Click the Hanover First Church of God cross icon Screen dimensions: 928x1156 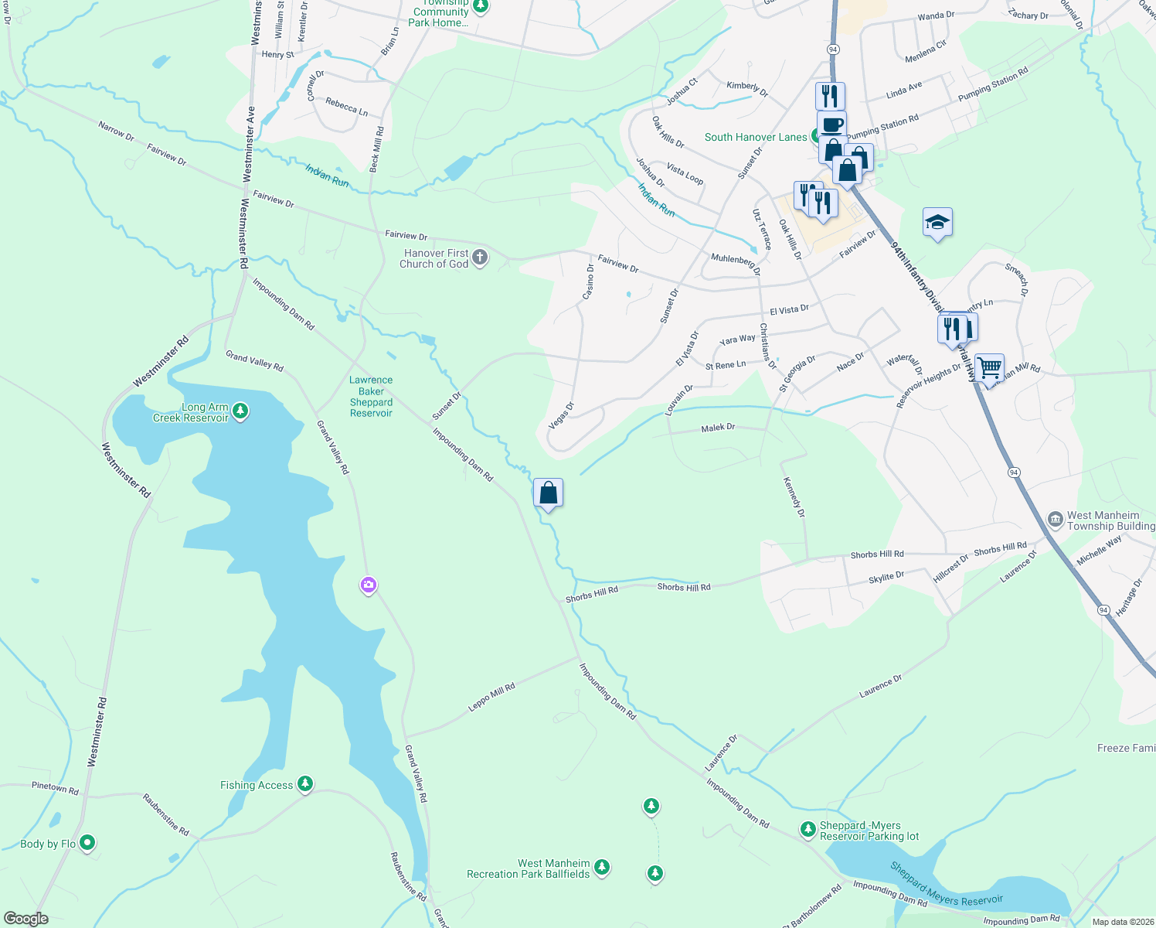[479, 258]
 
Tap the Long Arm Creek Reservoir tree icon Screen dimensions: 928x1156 [240, 411]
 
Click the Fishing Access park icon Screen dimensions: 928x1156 [305, 785]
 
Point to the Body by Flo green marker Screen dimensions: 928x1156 [87, 843]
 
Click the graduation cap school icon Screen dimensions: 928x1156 [937, 223]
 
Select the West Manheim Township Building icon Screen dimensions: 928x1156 [1056, 520]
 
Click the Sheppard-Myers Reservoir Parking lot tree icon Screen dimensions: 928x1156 [807, 830]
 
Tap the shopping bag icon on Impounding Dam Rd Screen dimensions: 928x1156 [548, 493]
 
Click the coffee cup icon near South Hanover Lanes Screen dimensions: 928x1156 [831, 125]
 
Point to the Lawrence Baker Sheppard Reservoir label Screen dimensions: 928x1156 [371, 397]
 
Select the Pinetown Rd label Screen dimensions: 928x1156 [55, 788]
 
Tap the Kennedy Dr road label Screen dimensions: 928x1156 [794, 497]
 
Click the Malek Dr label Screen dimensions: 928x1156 [718, 428]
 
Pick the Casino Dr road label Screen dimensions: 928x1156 [589, 281]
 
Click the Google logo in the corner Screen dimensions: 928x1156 [26, 919]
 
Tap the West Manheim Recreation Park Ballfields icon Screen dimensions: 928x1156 [602, 868]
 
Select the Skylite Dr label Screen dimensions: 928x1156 [886, 577]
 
